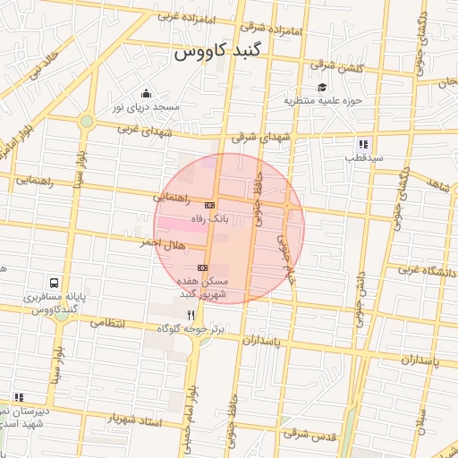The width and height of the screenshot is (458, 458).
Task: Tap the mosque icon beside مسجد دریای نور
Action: [x=147, y=94]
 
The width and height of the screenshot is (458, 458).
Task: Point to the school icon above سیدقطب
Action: [x=363, y=143]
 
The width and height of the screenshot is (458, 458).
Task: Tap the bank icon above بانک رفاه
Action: [x=209, y=205]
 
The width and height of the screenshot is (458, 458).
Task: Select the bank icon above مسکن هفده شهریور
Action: [x=202, y=267]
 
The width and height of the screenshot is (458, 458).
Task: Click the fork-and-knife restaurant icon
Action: [x=191, y=315]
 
